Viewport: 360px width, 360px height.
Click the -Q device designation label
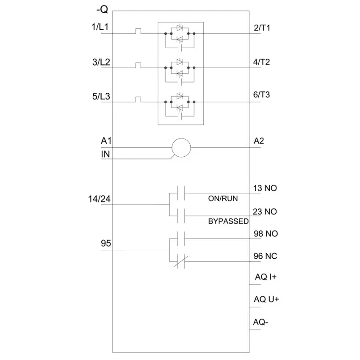click(x=102, y=9)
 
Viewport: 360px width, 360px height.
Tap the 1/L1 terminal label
click(x=100, y=27)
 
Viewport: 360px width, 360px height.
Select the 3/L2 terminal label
click(x=101, y=62)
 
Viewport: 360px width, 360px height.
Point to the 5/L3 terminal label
click(x=101, y=96)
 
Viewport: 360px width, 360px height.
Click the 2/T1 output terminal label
click(x=262, y=28)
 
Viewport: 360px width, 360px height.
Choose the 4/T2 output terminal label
click(x=261, y=62)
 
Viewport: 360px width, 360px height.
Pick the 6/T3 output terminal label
click(x=261, y=94)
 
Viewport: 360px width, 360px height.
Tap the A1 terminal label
click(x=106, y=141)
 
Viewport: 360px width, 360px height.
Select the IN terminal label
click(x=105, y=154)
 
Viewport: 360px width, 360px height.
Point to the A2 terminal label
click(x=259, y=141)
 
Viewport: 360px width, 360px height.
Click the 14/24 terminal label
click(x=99, y=199)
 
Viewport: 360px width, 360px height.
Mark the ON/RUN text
click(x=223, y=198)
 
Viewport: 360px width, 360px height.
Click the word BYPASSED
click(x=228, y=221)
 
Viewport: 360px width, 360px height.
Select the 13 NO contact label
click(x=265, y=188)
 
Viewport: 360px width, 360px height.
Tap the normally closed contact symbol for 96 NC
click(x=181, y=261)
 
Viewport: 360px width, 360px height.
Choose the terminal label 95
click(x=106, y=243)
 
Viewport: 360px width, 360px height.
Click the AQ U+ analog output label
click(x=266, y=299)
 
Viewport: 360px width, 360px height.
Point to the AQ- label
click(x=260, y=322)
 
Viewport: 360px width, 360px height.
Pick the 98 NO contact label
click(x=266, y=233)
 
